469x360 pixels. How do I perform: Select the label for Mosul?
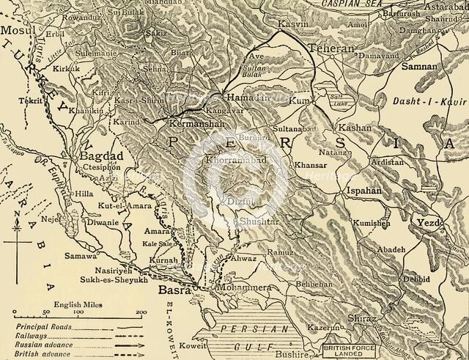click(x=14, y=32)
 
